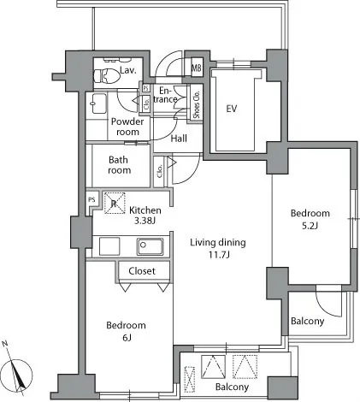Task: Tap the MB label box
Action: click(x=197, y=68)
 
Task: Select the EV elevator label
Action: click(x=232, y=109)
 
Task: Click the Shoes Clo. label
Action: click(x=197, y=104)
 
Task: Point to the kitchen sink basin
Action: click(x=150, y=246)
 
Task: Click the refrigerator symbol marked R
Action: click(x=115, y=204)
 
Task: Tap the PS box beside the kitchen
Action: click(x=91, y=200)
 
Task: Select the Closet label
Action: click(x=142, y=271)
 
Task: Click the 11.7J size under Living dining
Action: click(x=219, y=255)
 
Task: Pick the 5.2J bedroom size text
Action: click(x=310, y=226)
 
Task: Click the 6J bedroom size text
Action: click(x=127, y=338)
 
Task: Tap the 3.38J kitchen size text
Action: click(x=145, y=221)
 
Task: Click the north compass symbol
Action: click(x=18, y=374)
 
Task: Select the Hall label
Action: click(x=179, y=139)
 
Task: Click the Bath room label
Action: click(x=120, y=165)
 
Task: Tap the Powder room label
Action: click(x=127, y=127)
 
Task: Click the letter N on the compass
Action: click(x=4, y=344)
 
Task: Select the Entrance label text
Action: click(x=165, y=95)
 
